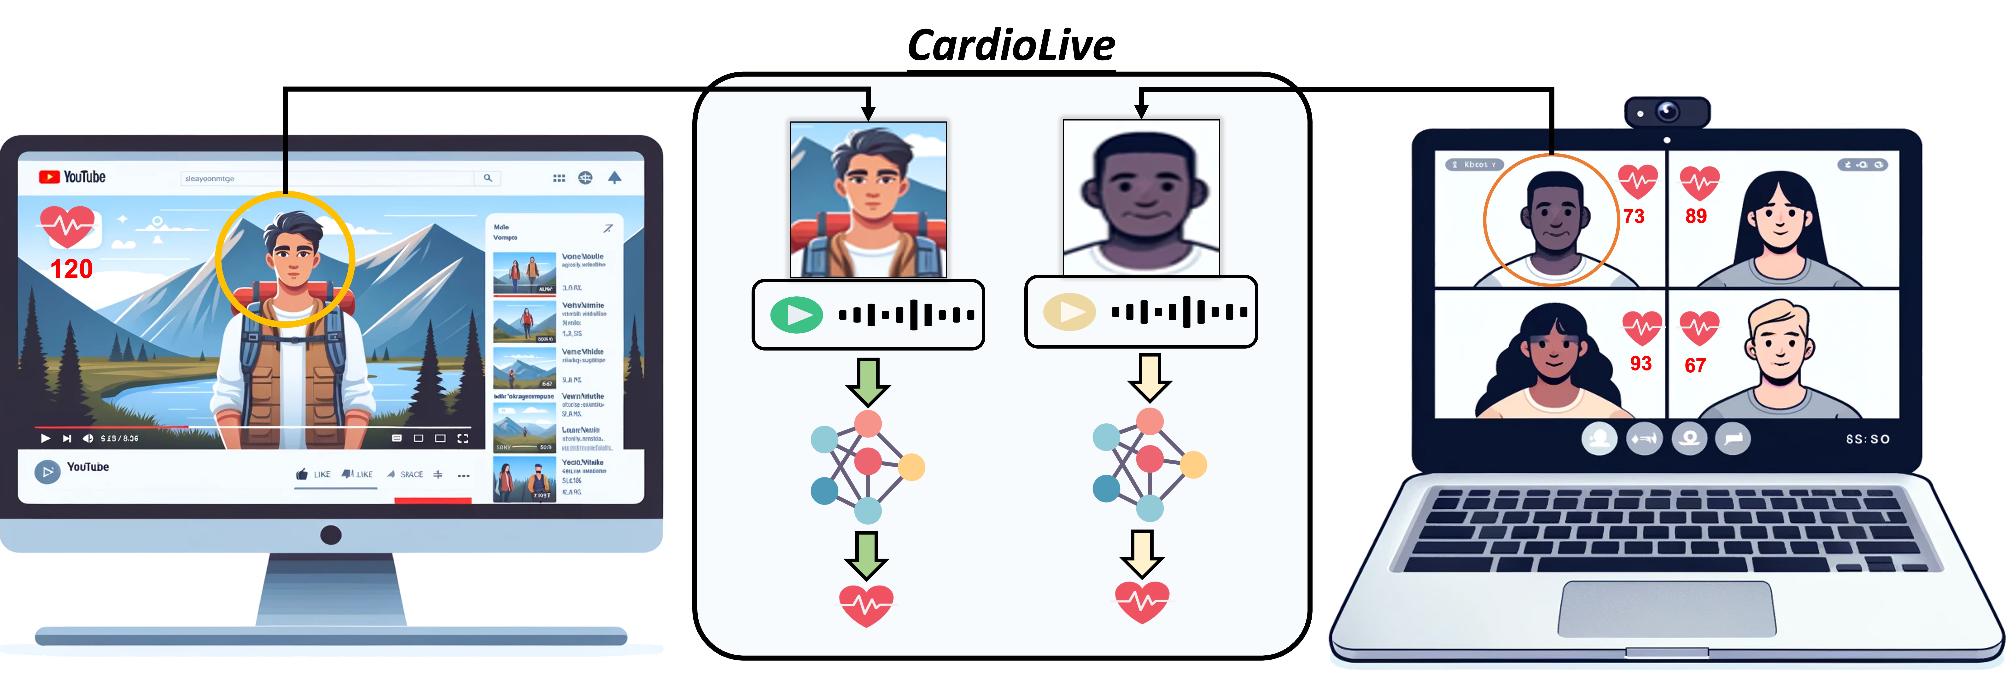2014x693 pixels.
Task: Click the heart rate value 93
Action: [1640, 363]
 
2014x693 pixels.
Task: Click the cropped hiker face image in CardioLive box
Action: [868, 199]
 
